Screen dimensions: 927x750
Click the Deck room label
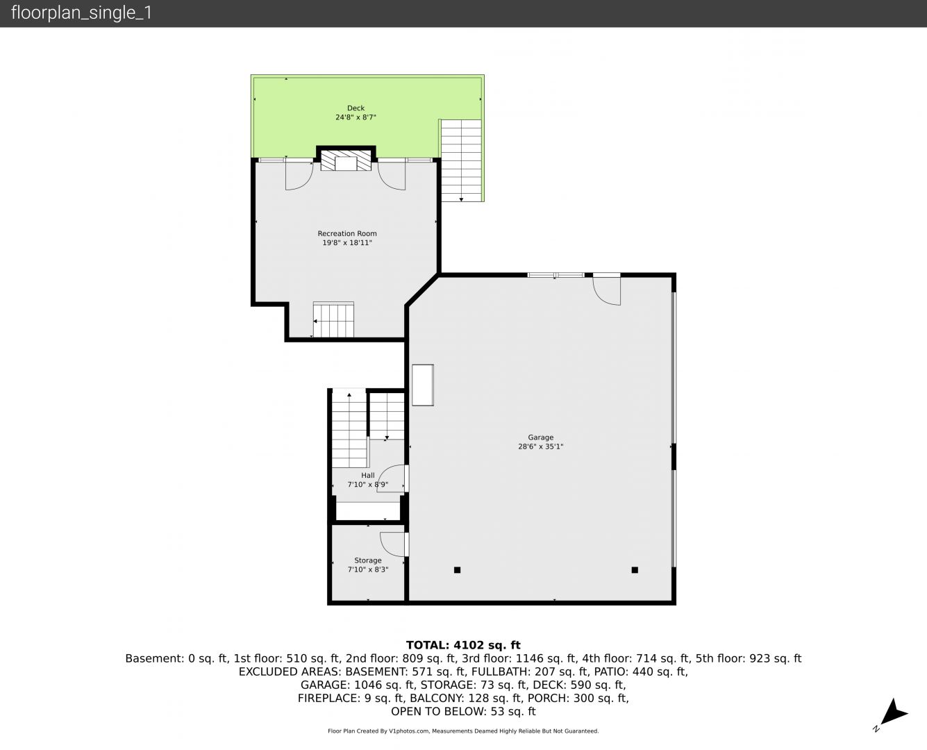coord(356,108)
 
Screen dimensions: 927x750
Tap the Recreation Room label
coord(347,234)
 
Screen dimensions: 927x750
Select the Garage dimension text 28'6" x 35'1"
coord(540,447)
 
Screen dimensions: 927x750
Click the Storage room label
coord(368,560)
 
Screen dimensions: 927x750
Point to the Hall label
coord(368,475)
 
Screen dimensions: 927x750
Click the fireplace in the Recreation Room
coord(346,160)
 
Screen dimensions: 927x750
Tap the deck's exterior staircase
coord(461,160)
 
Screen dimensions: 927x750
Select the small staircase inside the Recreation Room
coord(333,320)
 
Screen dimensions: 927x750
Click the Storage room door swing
coord(393,544)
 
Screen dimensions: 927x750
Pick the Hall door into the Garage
coord(392,478)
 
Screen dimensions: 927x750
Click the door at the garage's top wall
coord(606,290)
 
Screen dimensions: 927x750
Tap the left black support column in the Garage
coord(457,569)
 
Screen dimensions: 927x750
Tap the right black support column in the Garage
coord(635,569)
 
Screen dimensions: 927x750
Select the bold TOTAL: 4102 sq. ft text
coord(463,644)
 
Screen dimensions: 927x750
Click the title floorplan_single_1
coord(81,13)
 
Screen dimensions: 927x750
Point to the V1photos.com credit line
coord(463,731)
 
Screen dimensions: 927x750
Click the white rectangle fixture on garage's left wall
coord(423,385)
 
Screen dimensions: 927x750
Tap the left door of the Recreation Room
coord(299,175)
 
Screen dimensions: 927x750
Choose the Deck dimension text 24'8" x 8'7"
coord(356,117)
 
